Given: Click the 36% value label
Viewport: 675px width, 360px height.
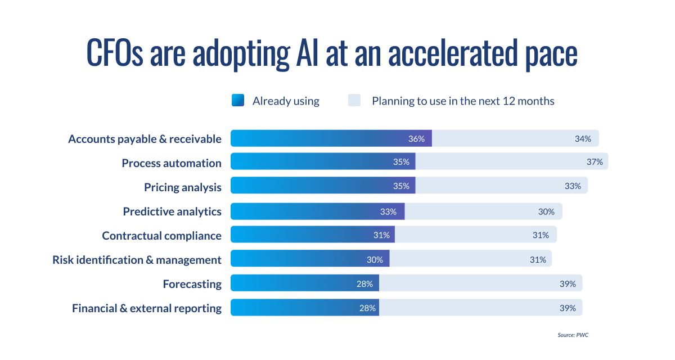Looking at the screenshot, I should coord(416,139).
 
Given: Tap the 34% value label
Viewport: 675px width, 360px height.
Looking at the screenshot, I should coord(583,139).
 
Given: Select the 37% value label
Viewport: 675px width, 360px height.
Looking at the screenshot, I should coord(595,162).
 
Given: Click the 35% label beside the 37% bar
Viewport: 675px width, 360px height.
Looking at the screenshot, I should coord(401,162).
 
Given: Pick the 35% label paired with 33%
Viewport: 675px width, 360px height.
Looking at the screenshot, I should coord(401,186).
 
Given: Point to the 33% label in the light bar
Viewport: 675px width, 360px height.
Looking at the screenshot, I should coord(573,186).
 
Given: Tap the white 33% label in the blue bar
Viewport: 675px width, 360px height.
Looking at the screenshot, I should coord(388,211).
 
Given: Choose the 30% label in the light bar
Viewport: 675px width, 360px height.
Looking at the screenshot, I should coord(546,211).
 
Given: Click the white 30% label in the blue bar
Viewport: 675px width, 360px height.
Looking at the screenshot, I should coord(375,259).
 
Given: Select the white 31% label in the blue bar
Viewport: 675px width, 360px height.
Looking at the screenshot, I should coord(380,235).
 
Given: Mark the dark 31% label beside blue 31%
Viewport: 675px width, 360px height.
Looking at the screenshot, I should coord(541,235).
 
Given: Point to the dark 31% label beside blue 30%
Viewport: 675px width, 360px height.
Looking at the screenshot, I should coord(538,259).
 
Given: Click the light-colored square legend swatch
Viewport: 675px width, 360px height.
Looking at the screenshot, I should coord(360,101).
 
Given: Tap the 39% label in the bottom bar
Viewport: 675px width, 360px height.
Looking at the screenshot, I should coord(568,308).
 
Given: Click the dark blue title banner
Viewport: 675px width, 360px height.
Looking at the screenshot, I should coord(337,55).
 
